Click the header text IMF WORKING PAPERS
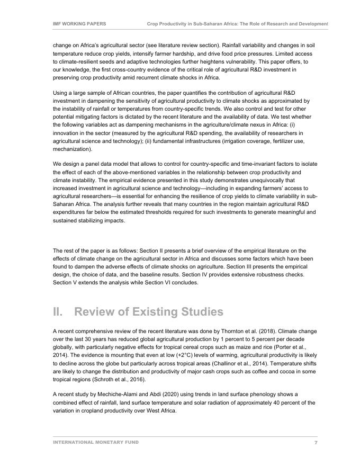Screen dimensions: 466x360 [x=79, y=24]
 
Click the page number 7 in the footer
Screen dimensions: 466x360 [x=316, y=442]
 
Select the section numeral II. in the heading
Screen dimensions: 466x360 [x=60, y=312]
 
